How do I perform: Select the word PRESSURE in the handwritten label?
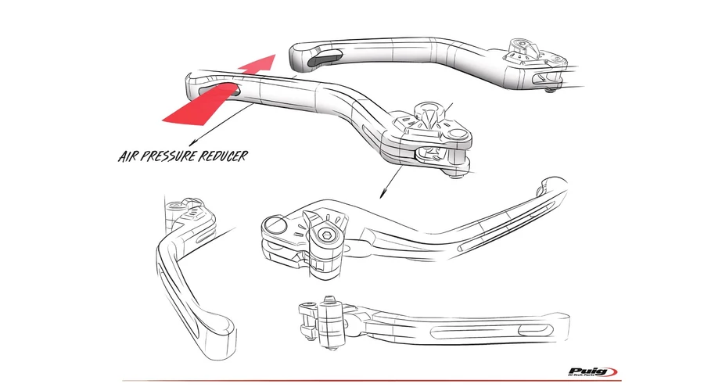coord(176,156)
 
